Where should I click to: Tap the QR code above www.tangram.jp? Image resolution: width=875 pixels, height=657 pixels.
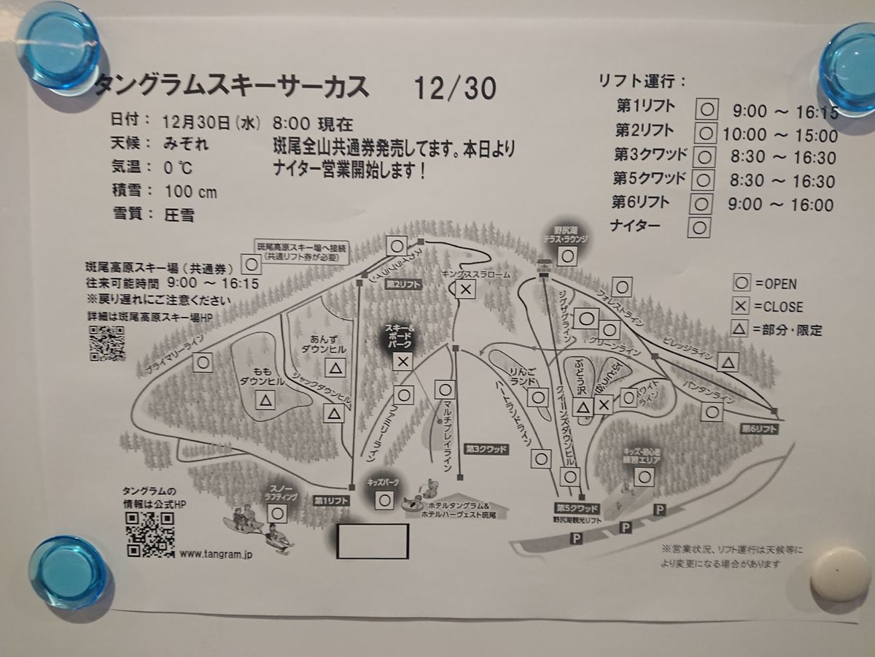149,534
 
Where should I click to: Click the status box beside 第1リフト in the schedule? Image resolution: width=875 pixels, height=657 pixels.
707,109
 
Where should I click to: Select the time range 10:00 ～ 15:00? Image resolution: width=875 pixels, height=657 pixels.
780,135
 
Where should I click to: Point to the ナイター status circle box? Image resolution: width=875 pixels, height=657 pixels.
699,228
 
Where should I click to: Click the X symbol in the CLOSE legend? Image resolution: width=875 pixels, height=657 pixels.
742,307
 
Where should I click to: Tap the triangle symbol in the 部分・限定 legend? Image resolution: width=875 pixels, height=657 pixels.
740,329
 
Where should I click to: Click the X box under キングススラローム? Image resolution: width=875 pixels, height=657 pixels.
466,290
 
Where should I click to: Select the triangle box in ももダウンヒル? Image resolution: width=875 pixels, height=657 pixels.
265,399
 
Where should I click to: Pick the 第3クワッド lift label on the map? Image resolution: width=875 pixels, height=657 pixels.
486,449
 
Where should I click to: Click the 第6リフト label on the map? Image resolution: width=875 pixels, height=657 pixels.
759,429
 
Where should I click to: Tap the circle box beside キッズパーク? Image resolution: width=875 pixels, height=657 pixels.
385,501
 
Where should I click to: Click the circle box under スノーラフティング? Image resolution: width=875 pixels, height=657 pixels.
276,513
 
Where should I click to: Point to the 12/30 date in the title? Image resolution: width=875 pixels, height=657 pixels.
454,89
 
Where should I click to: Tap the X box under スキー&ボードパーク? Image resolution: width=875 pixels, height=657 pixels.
402,361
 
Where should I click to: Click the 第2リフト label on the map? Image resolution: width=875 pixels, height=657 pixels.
403,284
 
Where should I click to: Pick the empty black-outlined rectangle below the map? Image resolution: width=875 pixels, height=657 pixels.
372,541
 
